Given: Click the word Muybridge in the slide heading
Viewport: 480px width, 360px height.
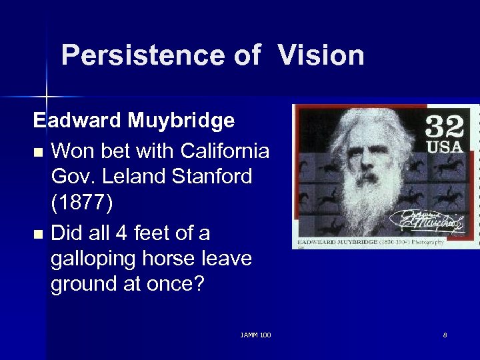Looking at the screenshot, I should tap(181, 121).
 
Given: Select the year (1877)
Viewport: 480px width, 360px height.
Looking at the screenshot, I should tap(81, 203).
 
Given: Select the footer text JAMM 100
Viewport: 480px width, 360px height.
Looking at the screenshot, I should tap(256, 335).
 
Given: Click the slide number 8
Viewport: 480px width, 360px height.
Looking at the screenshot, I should tap(445, 335).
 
